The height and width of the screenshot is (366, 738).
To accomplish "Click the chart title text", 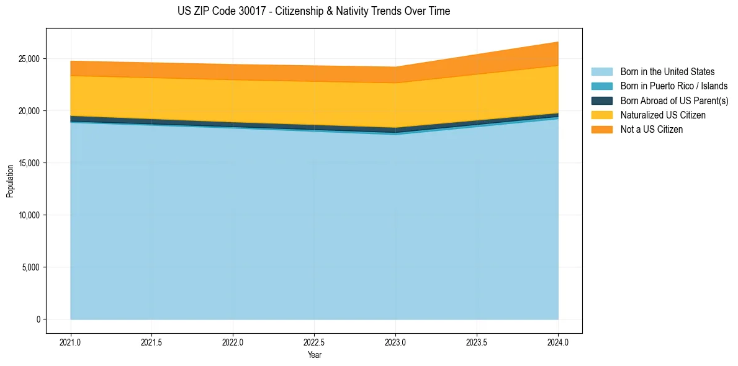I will pos(313,11).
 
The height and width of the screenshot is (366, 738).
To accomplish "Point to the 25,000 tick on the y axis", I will pos(29,59).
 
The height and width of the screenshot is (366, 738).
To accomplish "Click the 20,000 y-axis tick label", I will pos(29,111).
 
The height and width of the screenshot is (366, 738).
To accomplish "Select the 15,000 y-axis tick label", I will pos(29,163).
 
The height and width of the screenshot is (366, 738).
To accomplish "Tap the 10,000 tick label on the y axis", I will pos(29,215).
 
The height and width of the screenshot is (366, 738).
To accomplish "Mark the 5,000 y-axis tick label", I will pos(30,267).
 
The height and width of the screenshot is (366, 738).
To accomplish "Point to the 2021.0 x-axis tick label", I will pos(71,342).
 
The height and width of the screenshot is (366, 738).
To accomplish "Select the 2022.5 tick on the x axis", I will pos(314,342).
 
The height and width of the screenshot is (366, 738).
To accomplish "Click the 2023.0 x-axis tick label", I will pos(395,342).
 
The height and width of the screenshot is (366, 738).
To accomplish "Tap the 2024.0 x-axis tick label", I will pos(558,342).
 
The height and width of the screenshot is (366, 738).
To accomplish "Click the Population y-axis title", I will pos(10,181).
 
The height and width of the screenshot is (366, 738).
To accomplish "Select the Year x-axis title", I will pos(314,355).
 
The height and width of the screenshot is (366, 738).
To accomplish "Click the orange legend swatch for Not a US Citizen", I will pos(601,130).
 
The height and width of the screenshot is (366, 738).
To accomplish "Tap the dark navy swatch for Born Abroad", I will pos(601,100).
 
